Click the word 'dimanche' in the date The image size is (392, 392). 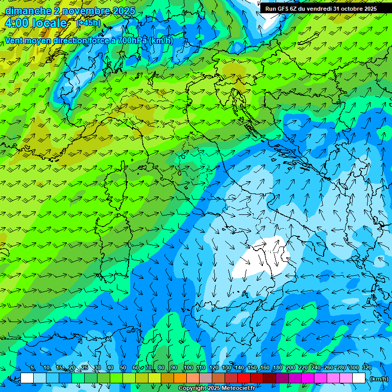24,11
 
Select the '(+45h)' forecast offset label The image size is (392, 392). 88,23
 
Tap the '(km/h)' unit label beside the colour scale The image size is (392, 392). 379,379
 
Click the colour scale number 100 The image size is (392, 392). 188,367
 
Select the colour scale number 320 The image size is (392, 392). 366,367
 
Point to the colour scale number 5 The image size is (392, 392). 32,367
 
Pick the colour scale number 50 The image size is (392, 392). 123,367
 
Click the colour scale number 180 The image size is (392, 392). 277,367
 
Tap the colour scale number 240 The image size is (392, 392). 315,367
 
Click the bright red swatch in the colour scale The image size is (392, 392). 244,378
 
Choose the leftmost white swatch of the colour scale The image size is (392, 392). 27,378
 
